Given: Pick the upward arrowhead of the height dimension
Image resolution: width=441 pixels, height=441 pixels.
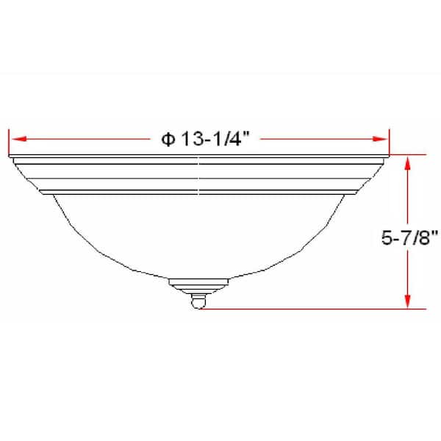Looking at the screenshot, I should [x=405, y=160].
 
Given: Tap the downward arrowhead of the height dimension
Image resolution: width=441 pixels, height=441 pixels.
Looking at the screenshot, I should [x=405, y=302].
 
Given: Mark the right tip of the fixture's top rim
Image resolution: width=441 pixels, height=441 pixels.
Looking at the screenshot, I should [x=388, y=157].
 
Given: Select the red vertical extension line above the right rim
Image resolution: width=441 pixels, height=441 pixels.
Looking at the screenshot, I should [x=389, y=141].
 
